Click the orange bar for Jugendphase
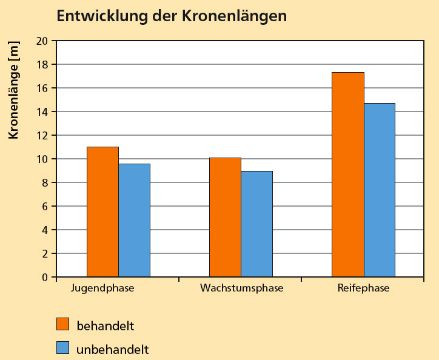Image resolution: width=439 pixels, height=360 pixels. (x=102, y=212)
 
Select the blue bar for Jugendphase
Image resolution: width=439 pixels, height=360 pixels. (x=134, y=221)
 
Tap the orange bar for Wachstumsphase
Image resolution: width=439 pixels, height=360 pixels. (x=225, y=218)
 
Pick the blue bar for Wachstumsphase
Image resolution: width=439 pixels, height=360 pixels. (x=256, y=224)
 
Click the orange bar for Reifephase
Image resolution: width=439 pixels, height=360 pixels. (x=347, y=175)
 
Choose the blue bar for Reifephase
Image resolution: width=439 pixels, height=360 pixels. (x=379, y=190)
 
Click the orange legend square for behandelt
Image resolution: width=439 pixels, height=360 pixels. (x=63, y=324)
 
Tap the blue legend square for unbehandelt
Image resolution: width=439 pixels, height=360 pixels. (x=63, y=348)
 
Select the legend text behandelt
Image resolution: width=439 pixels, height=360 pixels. (x=105, y=325)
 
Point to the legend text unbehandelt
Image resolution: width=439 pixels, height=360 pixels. (x=112, y=350)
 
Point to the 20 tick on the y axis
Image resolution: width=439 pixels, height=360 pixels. (x=42, y=41)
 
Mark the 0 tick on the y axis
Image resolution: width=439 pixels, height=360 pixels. (x=45, y=278)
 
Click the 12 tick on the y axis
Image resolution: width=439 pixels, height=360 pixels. (x=42, y=136)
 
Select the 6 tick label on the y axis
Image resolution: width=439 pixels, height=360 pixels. (x=45, y=207)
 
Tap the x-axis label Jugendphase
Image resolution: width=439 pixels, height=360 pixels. (x=102, y=288)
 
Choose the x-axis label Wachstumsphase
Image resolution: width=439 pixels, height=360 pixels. (x=241, y=288)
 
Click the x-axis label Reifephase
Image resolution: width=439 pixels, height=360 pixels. (x=363, y=288)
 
